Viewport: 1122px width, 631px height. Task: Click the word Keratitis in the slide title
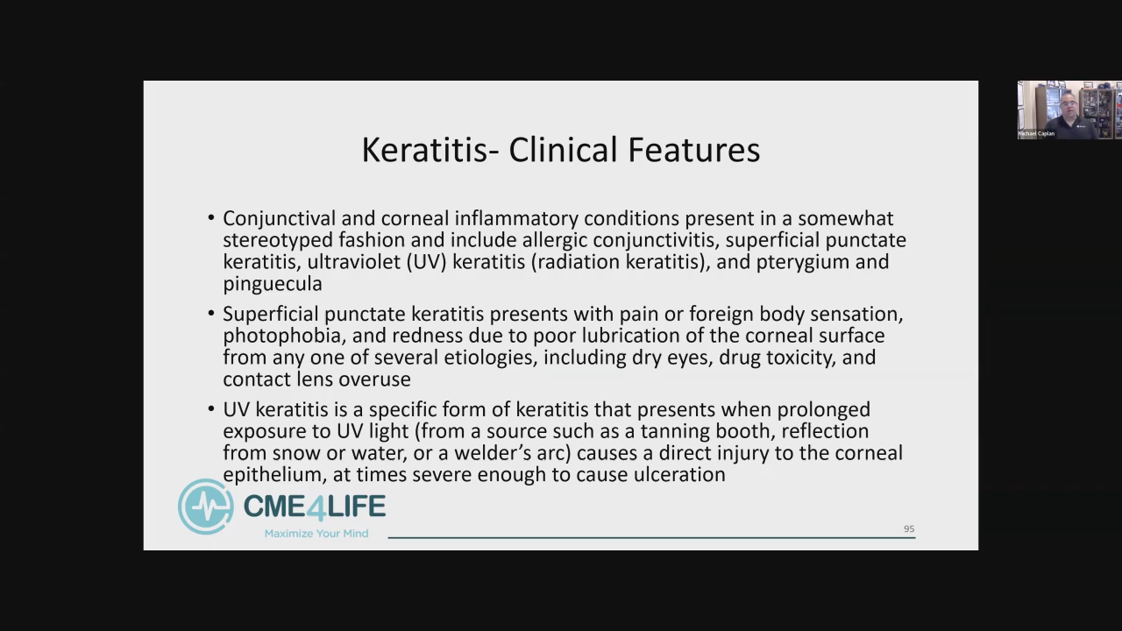[x=424, y=150]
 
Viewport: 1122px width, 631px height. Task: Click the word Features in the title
[x=693, y=150]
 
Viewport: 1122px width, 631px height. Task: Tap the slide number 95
[x=909, y=528]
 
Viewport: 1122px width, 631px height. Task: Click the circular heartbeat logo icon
[x=205, y=507]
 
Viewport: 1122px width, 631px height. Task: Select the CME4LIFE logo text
[x=315, y=506]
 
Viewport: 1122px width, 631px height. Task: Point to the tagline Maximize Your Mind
[x=316, y=534]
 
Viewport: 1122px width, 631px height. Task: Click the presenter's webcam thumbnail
[x=1069, y=110]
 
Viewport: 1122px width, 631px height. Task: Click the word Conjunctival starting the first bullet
[x=279, y=219]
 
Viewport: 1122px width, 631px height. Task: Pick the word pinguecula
[x=273, y=284]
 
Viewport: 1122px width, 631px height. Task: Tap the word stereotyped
[x=278, y=240]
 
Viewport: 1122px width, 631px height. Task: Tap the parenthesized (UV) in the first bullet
[x=426, y=262]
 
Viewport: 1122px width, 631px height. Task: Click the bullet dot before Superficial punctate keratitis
[x=211, y=314]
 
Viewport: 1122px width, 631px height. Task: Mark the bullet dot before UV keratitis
[x=211, y=409]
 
